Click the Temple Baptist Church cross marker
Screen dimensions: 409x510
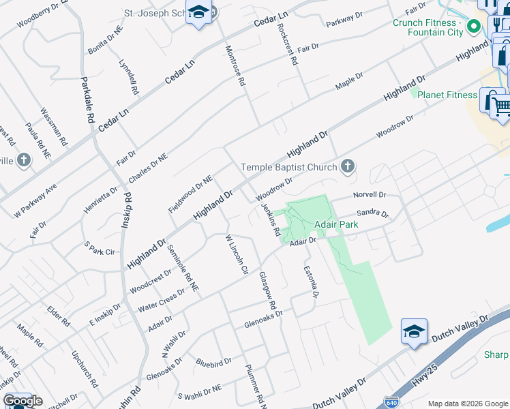coord(348,166)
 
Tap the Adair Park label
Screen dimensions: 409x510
coord(336,224)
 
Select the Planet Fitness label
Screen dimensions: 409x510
coord(447,95)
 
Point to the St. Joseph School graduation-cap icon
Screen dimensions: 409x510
coord(198,13)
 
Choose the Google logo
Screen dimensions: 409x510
coord(22,401)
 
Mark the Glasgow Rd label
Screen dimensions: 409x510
coord(267,294)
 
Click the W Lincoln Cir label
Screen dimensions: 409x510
coord(237,254)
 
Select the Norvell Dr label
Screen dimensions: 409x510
coord(370,195)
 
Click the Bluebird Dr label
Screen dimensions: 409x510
coord(214,360)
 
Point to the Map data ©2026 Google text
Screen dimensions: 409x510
coord(468,404)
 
